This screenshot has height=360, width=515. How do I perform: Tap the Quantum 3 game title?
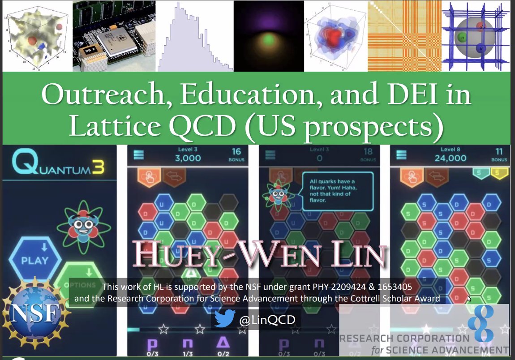pyautogui.click(x=58, y=163)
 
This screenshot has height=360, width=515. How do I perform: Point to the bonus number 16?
pyautogui.click(x=236, y=151)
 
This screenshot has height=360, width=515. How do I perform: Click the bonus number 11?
pyautogui.click(x=499, y=151)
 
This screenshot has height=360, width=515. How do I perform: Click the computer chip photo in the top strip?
pyautogui.click(x=114, y=36)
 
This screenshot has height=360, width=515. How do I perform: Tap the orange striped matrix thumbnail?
pyautogui.click(x=403, y=36)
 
